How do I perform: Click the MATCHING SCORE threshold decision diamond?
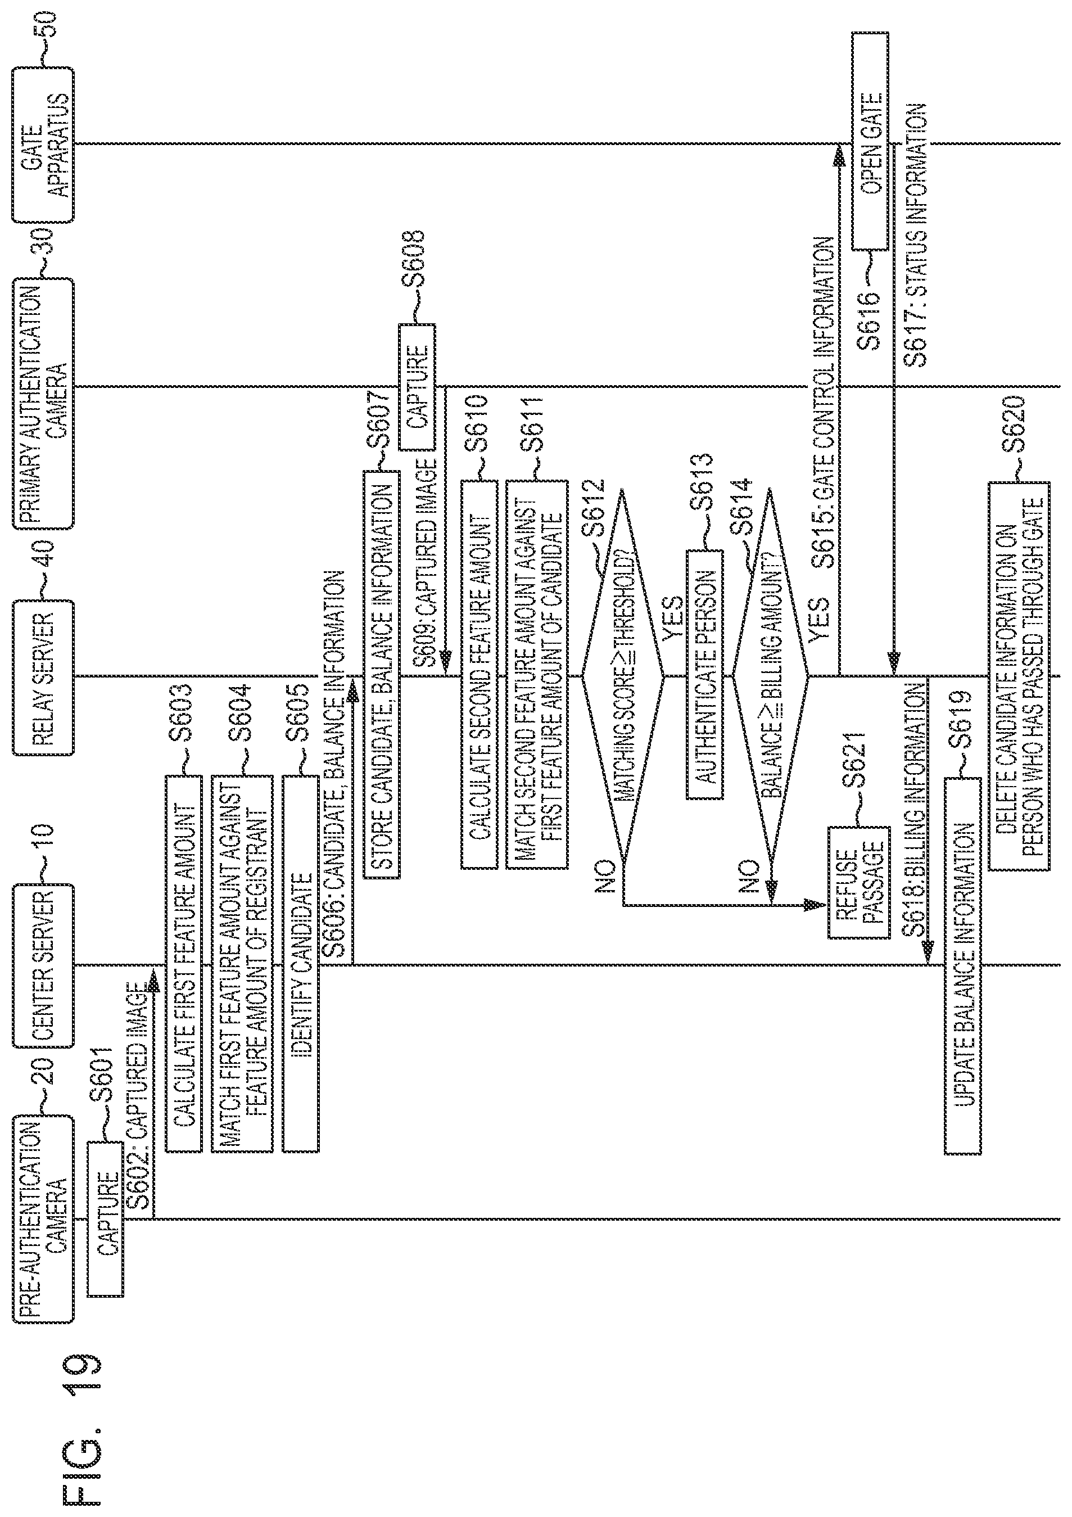[x=623, y=676]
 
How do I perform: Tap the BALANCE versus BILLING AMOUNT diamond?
[x=770, y=676]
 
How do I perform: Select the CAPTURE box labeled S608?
[x=416, y=386]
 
